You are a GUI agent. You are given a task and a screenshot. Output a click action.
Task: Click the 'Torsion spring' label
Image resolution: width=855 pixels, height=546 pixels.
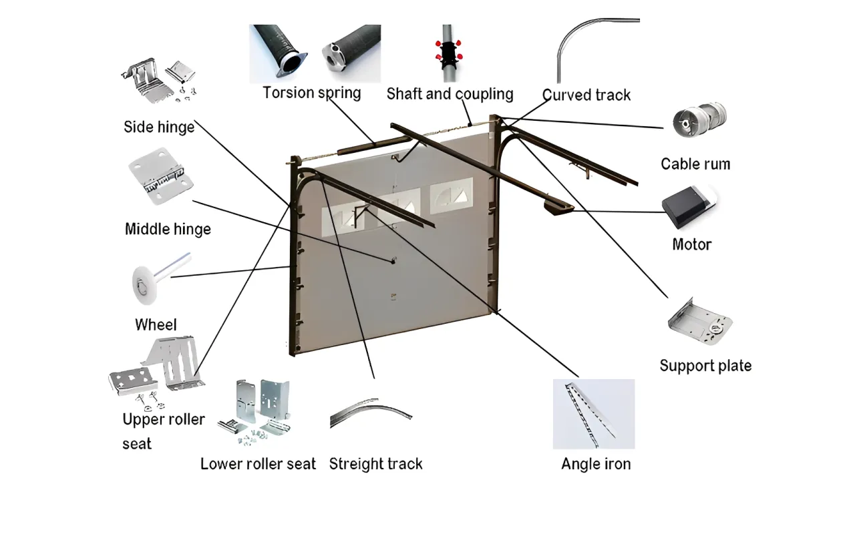coord(312,92)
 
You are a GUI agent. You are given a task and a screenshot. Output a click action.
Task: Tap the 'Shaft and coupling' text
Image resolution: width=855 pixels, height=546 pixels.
coord(450,94)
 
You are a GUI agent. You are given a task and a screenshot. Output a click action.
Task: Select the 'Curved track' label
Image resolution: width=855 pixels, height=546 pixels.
coord(586,95)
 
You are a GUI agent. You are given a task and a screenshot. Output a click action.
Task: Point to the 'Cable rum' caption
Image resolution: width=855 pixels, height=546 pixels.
coord(695,164)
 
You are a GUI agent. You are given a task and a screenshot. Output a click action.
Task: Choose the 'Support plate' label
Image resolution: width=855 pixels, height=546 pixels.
coord(705,365)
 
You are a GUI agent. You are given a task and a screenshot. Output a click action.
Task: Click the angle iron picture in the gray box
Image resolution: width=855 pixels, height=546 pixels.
coord(593,414)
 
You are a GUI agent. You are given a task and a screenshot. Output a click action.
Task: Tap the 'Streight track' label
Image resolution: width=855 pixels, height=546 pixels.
coord(375,463)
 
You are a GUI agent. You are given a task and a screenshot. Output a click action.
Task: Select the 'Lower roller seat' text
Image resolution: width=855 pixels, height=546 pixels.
coord(258,463)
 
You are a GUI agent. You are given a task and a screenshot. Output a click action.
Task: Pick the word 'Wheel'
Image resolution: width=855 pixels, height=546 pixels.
coord(156,324)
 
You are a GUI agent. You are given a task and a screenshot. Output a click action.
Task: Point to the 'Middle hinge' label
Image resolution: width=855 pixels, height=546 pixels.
coord(168,229)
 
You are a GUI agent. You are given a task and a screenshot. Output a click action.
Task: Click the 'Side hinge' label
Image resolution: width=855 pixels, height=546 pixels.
coord(159,127)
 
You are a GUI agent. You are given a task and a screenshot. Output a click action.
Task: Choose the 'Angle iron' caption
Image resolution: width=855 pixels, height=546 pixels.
coord(595,463)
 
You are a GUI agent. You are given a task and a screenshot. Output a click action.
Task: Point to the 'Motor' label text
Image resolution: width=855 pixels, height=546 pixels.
coord(691,244)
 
